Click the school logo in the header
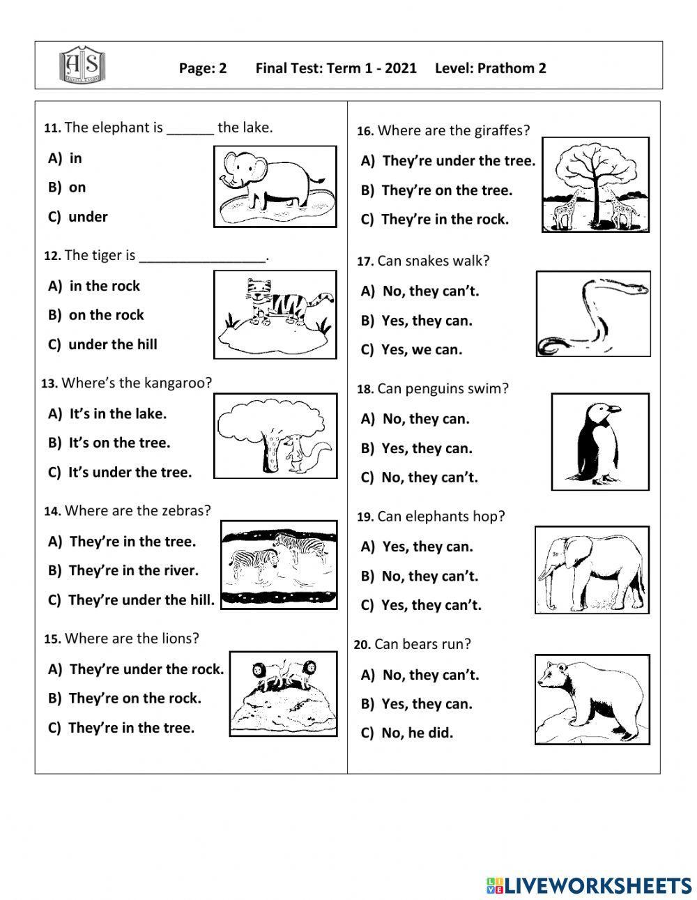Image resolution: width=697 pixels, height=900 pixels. click(83, 65)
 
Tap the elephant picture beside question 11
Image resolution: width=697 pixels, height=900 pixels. click(275, 186)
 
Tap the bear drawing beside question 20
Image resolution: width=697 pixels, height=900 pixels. click(592, 699)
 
